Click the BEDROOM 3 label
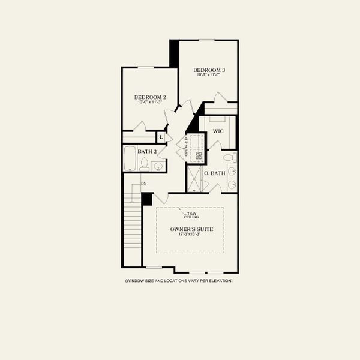[x=209, y=71]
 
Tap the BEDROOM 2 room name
[x=150, y=97]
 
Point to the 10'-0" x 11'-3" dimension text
[x=150, y=103]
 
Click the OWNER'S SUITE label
[x=190, y=229]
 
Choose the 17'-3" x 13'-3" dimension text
[x=190, y=235]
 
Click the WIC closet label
[x=218, y=130]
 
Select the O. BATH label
[x=214, y=173]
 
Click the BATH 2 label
[x=147, y=152]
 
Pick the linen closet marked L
[x=161, y=137]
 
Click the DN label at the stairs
[x=143, y=183]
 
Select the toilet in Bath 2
[x=145, y=164]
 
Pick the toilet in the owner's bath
[x=229, y=158]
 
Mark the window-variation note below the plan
[x=178, y=281]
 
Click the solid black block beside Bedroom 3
[x=174, y=53]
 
